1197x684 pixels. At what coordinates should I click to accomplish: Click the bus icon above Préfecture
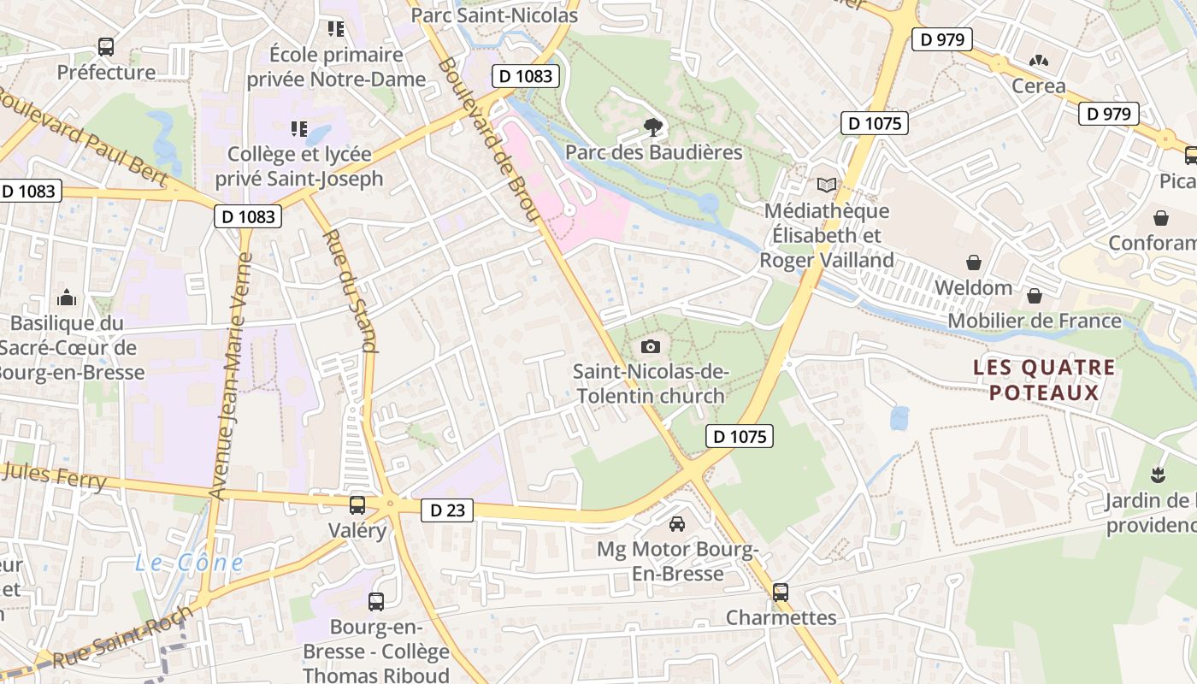[x=106, y=47]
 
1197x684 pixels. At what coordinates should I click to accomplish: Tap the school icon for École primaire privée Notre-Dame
[x=336, y=29]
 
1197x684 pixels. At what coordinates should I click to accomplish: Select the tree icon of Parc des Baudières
[x=654, y=127]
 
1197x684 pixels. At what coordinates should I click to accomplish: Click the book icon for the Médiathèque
[x=827, y=185]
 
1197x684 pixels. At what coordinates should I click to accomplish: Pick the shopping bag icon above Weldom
[x=973, y=262]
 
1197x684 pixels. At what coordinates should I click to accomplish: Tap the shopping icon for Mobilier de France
[x=1035, y=296]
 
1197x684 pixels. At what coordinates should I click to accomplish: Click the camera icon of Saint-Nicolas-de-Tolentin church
[x=651, y=346]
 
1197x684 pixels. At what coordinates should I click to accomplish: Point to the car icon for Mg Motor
[x=677, y=523]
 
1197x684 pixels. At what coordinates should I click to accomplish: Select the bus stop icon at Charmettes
[x=780, y=592]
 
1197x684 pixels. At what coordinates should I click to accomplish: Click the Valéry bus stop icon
[x=357, y=504]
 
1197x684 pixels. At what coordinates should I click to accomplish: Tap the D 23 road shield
[x=447, y=510]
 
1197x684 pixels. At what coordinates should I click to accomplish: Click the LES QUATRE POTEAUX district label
[x=1044, y=380]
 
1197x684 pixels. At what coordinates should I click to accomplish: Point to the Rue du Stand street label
[x=351, y=291]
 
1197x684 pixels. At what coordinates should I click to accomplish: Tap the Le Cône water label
[x=189, y=563]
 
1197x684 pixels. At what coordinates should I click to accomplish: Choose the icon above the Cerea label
[x=1039, y=61]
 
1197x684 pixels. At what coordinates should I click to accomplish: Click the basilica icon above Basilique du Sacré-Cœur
[x=67, y=298]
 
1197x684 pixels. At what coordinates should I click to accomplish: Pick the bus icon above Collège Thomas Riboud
[x=376, y=601]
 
